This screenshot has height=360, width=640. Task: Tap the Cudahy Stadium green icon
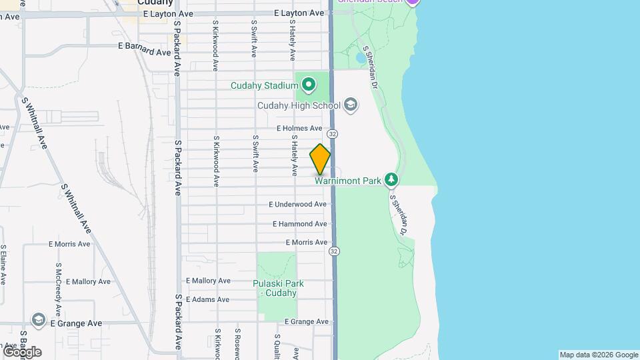point(308,85)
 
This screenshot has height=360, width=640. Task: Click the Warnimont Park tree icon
point(391,179)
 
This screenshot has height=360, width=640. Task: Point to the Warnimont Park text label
point(347,180)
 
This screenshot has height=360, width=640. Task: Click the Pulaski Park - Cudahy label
point(278,288)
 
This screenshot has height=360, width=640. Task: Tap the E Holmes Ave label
point(299,128)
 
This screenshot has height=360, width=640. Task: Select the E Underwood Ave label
point(297,204)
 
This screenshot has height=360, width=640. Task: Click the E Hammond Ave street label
point(299,224)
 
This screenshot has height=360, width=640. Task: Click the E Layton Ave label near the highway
point(299,13)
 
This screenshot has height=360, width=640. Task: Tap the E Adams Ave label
point(208,299)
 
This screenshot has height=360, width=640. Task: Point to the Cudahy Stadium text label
point(263,85)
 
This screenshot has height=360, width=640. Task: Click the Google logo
point(22,351)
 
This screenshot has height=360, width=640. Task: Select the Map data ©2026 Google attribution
point(599,355)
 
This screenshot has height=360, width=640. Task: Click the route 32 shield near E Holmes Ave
point(333,134)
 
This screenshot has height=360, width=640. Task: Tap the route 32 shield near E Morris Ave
point(334,251)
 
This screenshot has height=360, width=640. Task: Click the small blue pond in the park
point(361,58)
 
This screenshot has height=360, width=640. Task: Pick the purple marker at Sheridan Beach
point(413,2)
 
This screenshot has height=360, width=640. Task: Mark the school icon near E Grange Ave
point(38,321)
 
